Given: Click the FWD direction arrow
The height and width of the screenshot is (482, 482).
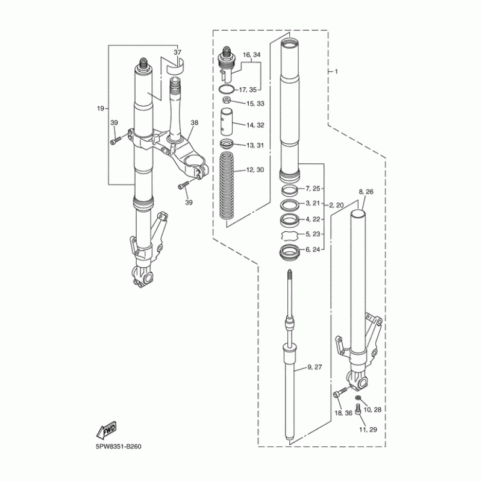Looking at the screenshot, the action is coord(107,430).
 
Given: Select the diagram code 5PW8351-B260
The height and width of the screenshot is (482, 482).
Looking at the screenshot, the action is coord(119,446).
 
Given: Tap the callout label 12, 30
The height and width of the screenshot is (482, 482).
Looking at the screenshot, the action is coord(255,170).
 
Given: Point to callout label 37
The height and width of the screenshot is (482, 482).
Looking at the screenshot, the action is coord(177,52).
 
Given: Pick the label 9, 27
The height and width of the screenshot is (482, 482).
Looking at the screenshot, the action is coord(315,367).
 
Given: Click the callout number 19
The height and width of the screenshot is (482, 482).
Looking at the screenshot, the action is coord(101,108).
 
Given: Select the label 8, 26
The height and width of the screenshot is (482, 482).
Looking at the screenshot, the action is coord(366,192).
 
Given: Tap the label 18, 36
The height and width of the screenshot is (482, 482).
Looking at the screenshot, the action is coord(343,413).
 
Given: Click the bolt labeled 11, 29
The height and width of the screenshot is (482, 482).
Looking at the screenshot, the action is coord(357,410).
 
